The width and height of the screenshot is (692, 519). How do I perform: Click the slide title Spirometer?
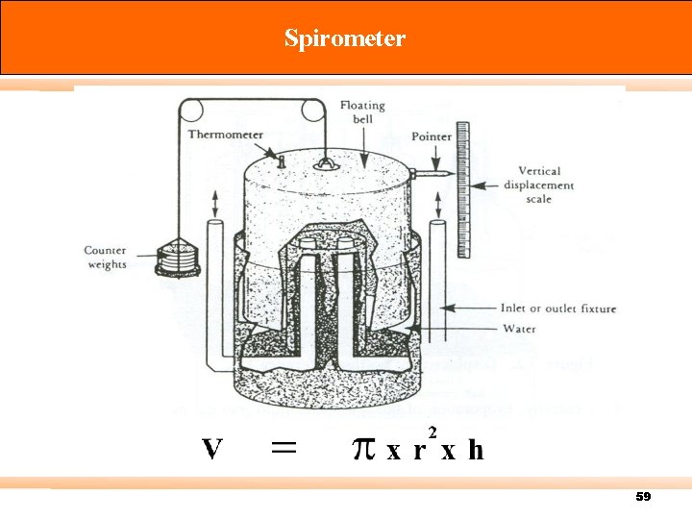tap(345, 38)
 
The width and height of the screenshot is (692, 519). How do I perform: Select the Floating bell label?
tap(362, 111)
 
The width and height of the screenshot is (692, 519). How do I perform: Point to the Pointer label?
tap(432, 136)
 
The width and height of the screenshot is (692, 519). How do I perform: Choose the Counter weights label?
tap(105, 258)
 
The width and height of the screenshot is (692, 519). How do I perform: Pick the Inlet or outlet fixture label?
tap(558, 309)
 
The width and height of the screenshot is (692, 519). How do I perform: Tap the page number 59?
tap(643, 497)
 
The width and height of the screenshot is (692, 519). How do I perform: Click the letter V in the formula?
tap(212, 450)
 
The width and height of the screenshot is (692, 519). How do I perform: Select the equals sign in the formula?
tap(283, 447)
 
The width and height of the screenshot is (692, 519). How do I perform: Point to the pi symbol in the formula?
tap(362, 450)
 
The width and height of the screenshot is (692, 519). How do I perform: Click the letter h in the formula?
tap(476, 450)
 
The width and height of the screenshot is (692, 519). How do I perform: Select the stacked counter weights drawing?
tap(177, 259)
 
